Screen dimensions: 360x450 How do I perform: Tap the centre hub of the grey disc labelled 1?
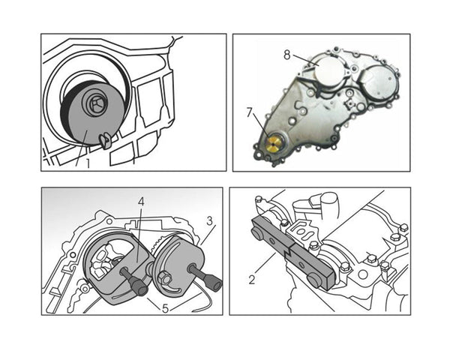coord(97,104)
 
